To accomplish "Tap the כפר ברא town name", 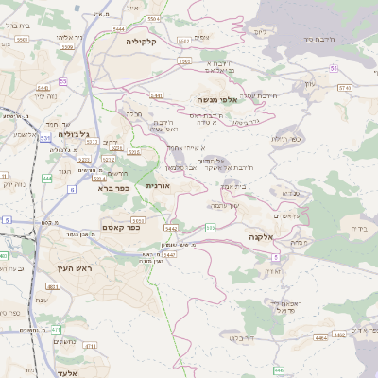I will coord(112,187).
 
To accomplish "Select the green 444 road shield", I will coord(46,177).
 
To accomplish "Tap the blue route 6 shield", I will coord(71,189).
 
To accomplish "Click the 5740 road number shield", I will coord(344,87).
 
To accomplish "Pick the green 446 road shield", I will coord(277,370).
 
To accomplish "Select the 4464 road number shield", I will coord(322,335).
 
